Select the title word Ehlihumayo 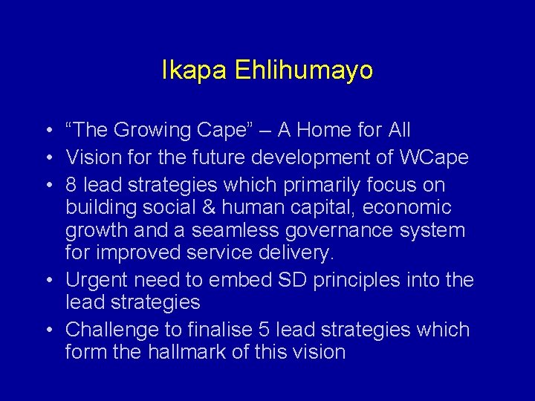click(304, 71)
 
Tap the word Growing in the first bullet click(153, 131)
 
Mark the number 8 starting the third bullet click(72, 184)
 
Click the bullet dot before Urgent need click(47, 281)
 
